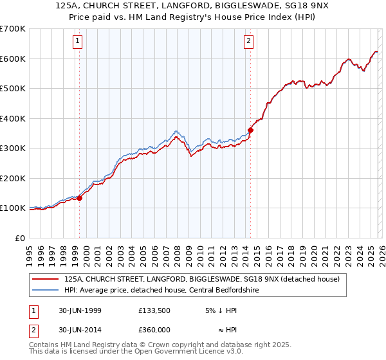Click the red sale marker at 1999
coord(80,198)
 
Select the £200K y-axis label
coord(13,178)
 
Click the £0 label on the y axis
coord(19,238)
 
